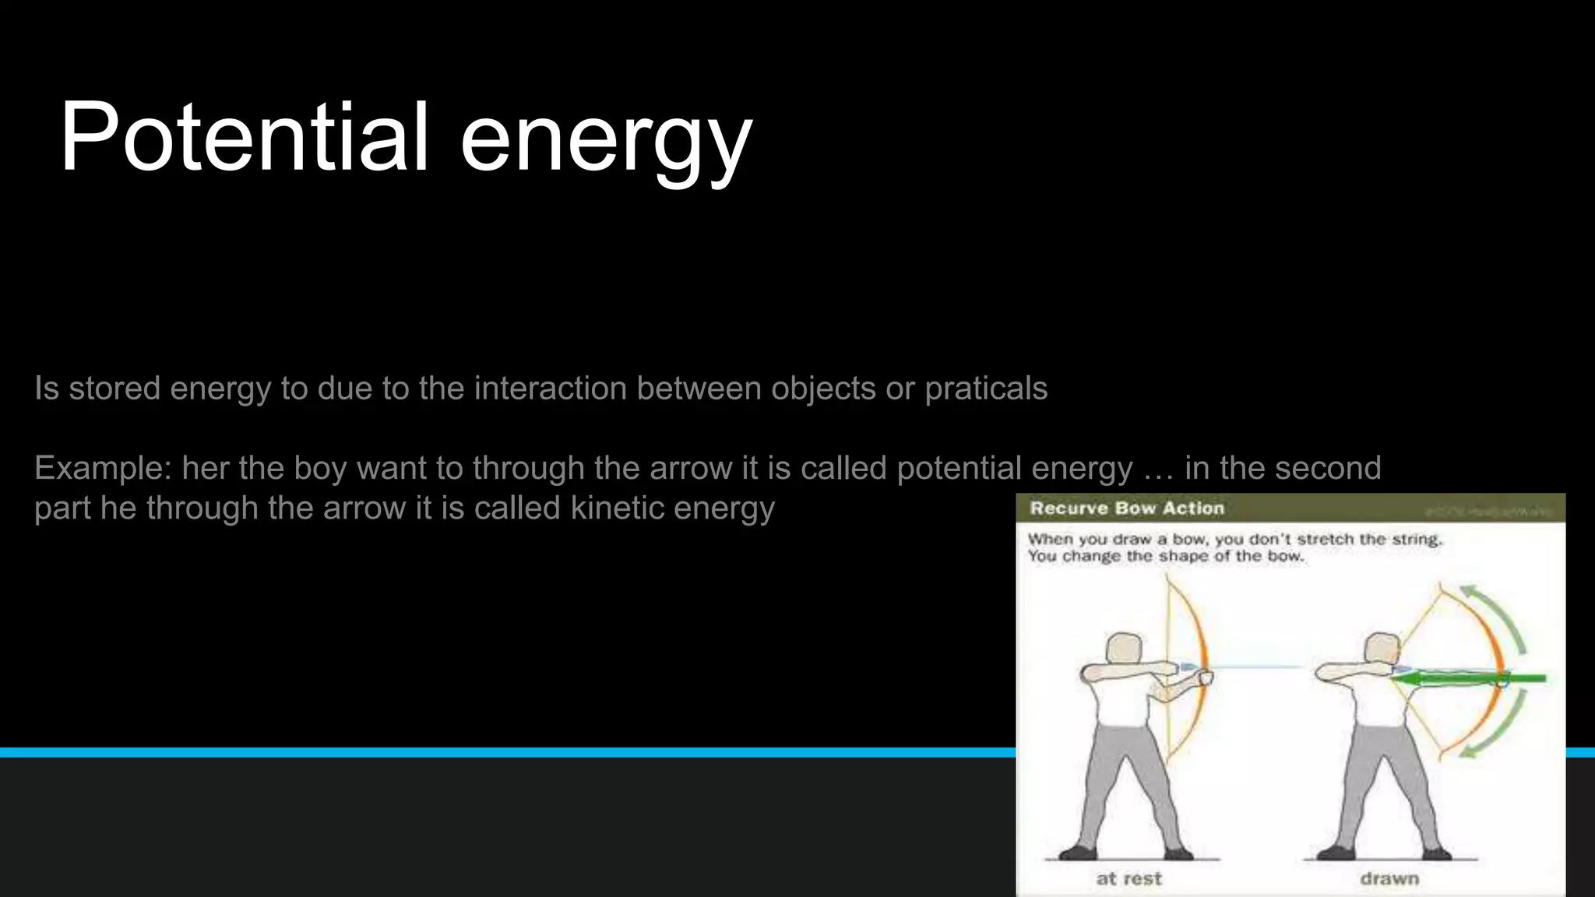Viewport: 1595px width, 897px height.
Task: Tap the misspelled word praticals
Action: tap(986, 389)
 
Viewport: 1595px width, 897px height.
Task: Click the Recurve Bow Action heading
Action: tap(1126, 508)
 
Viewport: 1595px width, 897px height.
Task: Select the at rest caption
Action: tap(1128, 879)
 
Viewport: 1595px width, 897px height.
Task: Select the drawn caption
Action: tap(1389, 879)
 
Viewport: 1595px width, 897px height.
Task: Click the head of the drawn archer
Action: tap(1382, 650)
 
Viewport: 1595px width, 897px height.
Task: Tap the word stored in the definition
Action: tap(114, 389)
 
